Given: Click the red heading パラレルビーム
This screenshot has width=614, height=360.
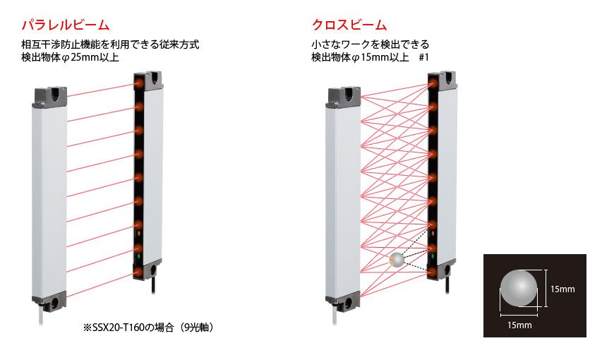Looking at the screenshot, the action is click(66, 25).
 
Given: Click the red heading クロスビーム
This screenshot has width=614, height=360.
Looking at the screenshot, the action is click(349, 25).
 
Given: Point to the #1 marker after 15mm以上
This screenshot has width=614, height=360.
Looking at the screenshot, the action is click(423, 58).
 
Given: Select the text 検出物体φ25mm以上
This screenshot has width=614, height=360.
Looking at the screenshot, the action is click(70, 58).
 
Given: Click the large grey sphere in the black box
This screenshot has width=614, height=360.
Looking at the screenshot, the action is click(519, 288).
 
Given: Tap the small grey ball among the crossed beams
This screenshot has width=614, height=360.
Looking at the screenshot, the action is click(397, 260).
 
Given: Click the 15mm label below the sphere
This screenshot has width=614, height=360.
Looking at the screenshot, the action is click(519, 325).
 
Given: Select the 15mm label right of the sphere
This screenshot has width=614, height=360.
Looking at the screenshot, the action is click(562, 289).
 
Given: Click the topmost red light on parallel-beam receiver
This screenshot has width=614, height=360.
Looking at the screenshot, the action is click(139, 83).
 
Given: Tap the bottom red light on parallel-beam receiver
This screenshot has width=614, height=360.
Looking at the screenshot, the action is click(138, 272).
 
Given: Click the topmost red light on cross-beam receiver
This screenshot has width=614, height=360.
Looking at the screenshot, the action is click(433, 83).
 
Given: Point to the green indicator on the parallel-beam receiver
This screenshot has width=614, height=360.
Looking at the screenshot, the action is click(138, 257).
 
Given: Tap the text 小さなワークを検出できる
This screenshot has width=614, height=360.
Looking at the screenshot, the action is click(371, 44).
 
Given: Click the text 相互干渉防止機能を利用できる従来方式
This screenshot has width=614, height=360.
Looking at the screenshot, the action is click(110, 44).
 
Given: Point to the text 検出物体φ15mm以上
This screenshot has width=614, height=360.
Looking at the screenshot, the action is click(360, 58).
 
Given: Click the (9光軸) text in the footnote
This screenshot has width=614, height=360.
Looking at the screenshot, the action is click(197, 328).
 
